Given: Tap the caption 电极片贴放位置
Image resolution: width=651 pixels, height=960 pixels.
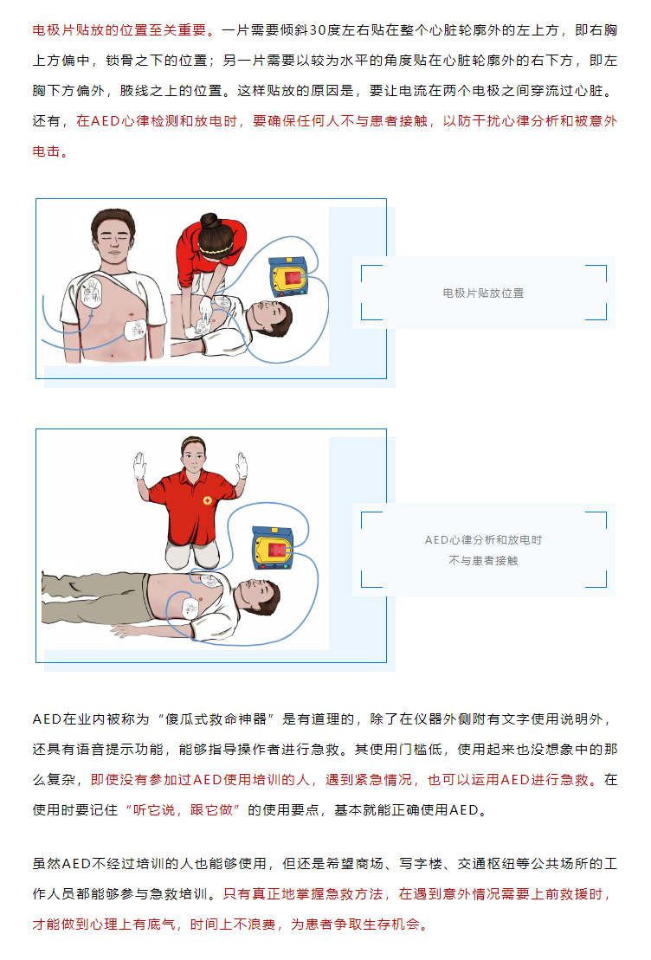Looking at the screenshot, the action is point(483,293).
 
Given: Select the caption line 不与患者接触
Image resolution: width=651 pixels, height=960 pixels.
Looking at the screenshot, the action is point(483,561).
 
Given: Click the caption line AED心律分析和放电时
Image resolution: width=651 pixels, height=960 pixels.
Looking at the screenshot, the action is point(483,540).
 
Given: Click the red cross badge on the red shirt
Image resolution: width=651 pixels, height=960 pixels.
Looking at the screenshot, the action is point(208,501).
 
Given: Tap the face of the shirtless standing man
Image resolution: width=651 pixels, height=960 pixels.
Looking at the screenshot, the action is point(113,241).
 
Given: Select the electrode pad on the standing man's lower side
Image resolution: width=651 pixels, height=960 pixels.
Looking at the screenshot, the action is point(135,331).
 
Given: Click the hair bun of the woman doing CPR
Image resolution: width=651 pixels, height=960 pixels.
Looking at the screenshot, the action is point(209,221).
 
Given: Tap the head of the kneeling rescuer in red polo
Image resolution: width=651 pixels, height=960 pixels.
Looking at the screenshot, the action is point(194,454).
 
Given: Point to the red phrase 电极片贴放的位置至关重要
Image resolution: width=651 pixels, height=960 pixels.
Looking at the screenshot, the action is point(119,30).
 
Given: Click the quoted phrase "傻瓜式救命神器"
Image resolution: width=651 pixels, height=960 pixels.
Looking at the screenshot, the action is point(216,719).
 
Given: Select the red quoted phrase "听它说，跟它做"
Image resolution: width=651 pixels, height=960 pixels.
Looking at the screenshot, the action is point(183,810).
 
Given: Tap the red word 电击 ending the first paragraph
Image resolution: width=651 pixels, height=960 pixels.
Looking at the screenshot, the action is point(47,151).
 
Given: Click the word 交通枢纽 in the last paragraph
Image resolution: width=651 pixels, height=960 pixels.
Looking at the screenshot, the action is point(487,864).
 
